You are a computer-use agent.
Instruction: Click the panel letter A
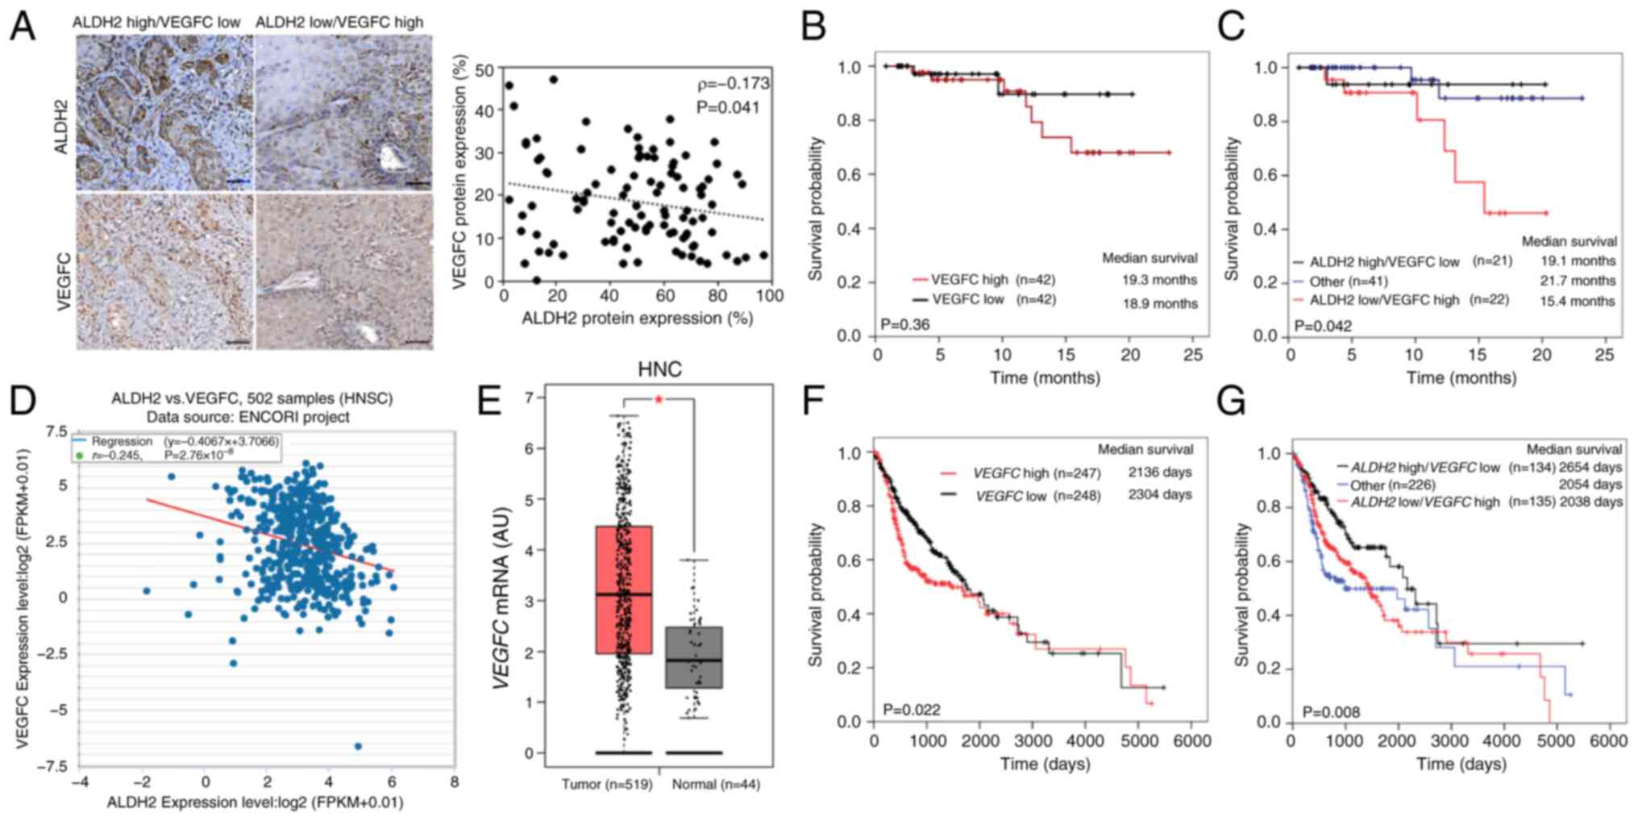tap(22, 27)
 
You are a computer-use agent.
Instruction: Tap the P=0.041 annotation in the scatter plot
tap(728, 107)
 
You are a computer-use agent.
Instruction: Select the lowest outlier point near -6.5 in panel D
tap(358, 746)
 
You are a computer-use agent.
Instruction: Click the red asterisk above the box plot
tap(659, 400)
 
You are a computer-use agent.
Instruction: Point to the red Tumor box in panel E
tap(624, 590)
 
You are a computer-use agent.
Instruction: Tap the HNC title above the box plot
tap(659, 369)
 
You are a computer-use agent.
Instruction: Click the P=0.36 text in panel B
tap(905, 325)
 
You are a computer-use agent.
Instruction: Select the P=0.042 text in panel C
tap(1322, 327)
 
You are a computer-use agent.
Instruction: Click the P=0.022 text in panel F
tap(911, 710)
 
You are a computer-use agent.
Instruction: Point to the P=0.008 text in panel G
tap(1330, 712)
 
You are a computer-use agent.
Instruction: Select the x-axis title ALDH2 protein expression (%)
tap(637, 319)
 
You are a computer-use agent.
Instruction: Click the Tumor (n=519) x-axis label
tap(607, 784)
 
